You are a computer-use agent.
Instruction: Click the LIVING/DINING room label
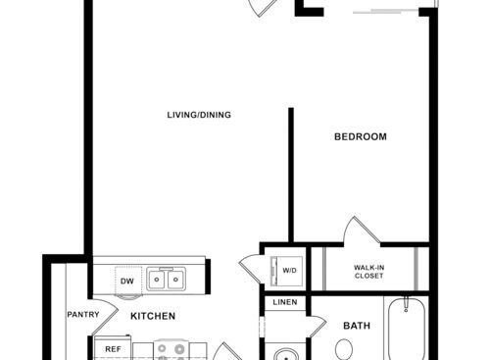[x=198, y=116]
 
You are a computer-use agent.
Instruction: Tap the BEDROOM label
[x=360, y=136]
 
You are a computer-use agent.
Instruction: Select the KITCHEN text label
[x=153, y=316]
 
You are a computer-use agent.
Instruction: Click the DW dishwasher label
[x=126, y=282]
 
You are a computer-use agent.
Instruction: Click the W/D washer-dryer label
[x=290, y=270]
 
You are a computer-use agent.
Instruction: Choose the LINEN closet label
[x=285, y=302]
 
